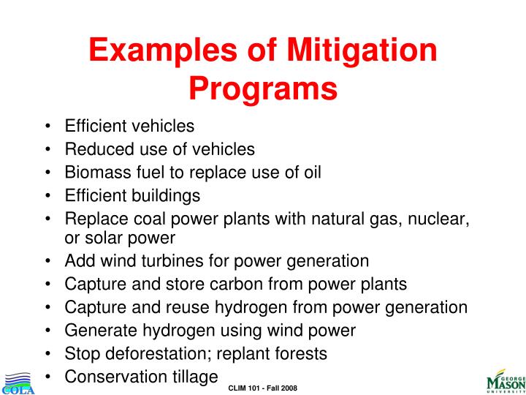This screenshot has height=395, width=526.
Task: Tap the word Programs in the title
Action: coord(264,89)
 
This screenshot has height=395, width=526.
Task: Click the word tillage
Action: coord(193,376)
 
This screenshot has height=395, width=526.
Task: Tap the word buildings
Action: coord(167,195)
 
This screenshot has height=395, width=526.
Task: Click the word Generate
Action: coord(96,330)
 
